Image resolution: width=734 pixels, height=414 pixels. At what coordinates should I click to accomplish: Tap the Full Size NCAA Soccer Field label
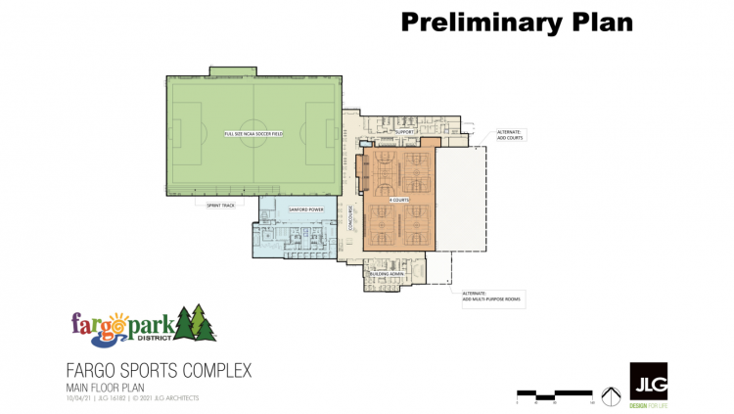(252, 133)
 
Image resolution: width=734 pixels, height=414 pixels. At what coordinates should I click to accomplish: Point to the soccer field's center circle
(252, 133)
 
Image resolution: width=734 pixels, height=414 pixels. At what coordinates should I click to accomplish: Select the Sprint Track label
(220, 206)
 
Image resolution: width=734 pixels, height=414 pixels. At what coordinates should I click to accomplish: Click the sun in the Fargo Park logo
(117, 318)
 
